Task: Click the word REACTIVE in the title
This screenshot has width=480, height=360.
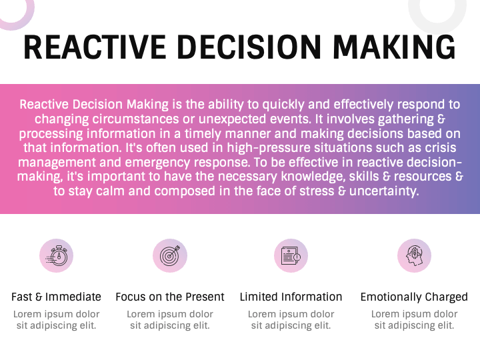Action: (95, 47)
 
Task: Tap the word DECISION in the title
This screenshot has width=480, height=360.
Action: (249, 47)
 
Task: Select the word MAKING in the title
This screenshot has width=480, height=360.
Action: (394, 47)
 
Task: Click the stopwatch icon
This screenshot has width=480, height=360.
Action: (56, 255)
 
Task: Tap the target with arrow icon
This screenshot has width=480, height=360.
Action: (170, 255)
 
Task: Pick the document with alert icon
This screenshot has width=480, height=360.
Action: (291, 255)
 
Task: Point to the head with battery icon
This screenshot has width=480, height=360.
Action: (414, 255)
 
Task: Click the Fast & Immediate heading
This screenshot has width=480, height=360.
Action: (56, 297)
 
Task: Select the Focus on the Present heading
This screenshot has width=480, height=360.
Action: (170, 297)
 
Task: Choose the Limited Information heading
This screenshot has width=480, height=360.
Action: (291, 297)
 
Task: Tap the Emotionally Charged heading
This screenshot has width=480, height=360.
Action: (414, 297)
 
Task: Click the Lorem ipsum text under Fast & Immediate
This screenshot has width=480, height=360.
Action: (56, 319)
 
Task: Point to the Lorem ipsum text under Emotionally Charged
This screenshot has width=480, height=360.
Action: (414, 319)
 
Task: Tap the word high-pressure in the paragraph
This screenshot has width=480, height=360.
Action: (269, 148)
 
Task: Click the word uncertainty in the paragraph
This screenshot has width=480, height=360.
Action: (384, 191)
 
